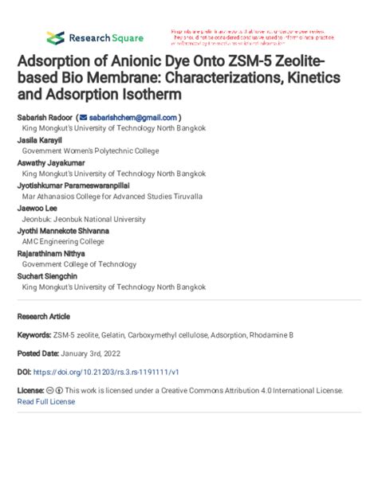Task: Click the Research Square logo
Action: [94, 37]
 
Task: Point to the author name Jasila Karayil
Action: [38, 139]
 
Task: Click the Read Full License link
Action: [46, 401]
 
